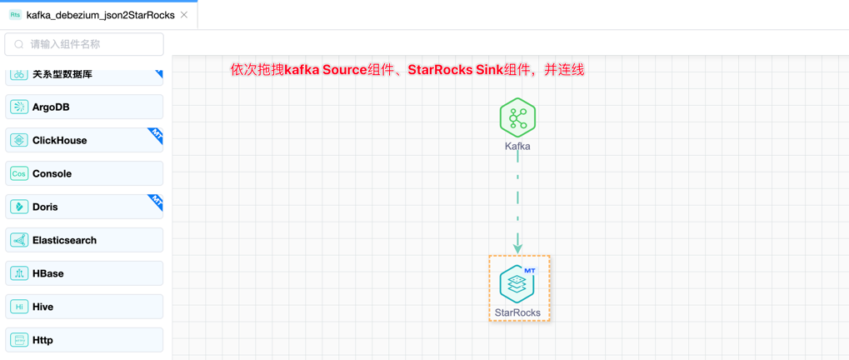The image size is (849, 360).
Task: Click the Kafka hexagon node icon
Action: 517,117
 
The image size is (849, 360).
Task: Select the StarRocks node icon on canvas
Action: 517,284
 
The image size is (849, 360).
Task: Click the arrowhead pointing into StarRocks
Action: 517,246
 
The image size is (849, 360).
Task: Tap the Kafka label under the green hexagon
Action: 517,146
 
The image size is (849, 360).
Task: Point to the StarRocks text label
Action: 517,312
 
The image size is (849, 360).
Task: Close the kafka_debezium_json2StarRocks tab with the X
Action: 184,15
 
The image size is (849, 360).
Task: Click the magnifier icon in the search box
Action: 19,44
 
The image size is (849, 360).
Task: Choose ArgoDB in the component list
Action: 83,107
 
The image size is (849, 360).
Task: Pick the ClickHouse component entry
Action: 83,140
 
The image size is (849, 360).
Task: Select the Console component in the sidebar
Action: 83,173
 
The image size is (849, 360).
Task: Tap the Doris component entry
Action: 83,207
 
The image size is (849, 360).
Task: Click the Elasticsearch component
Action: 83,240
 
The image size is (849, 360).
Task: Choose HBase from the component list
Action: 83,273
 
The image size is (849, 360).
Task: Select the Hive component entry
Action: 83,307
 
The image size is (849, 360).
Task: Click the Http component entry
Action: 83,340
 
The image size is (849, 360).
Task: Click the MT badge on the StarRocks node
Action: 530,271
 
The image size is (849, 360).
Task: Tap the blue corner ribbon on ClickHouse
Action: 156,134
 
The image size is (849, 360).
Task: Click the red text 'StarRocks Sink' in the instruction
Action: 455,70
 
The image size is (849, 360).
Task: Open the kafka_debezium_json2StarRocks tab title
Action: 100,15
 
